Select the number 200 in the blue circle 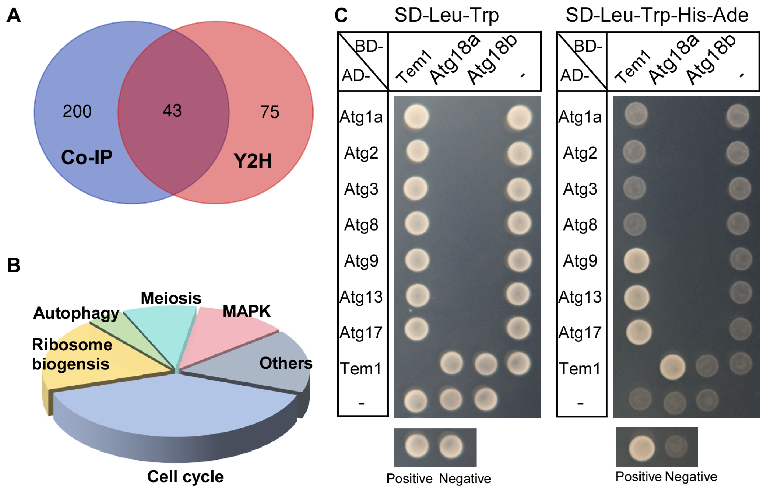77,111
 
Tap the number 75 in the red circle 270,112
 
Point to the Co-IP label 87,157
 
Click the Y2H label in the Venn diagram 253,161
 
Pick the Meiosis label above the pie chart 171,298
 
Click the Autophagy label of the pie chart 76,313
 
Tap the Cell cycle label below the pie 186,477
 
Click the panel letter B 14,265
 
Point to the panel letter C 341,15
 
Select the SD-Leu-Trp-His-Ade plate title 657,15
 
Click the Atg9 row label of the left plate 361,261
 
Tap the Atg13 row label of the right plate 580,297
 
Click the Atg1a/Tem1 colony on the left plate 416,117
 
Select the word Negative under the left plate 465,479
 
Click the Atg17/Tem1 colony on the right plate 639,332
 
